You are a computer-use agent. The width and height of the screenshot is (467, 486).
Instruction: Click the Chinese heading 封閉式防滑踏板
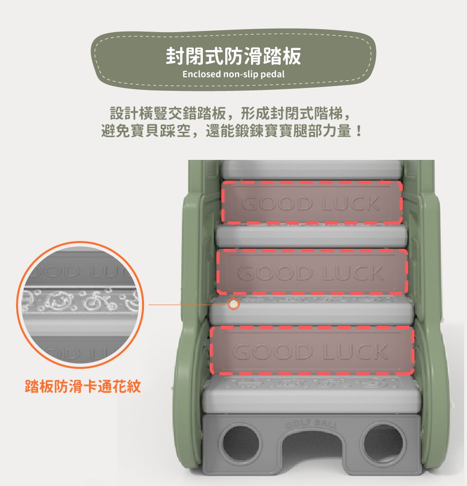(233, 56)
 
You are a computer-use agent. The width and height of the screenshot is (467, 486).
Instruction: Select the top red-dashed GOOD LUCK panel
(312, 203)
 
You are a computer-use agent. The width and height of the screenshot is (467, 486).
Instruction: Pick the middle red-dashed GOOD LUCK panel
(312, 272)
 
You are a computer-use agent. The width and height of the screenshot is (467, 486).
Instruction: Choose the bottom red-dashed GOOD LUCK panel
(312, 350)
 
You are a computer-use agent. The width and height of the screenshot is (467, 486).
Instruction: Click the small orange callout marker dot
(234, 304)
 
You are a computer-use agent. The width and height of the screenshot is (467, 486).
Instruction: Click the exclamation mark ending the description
(359, 131)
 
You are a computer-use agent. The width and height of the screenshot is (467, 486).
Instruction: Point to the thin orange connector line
(187, 305)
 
